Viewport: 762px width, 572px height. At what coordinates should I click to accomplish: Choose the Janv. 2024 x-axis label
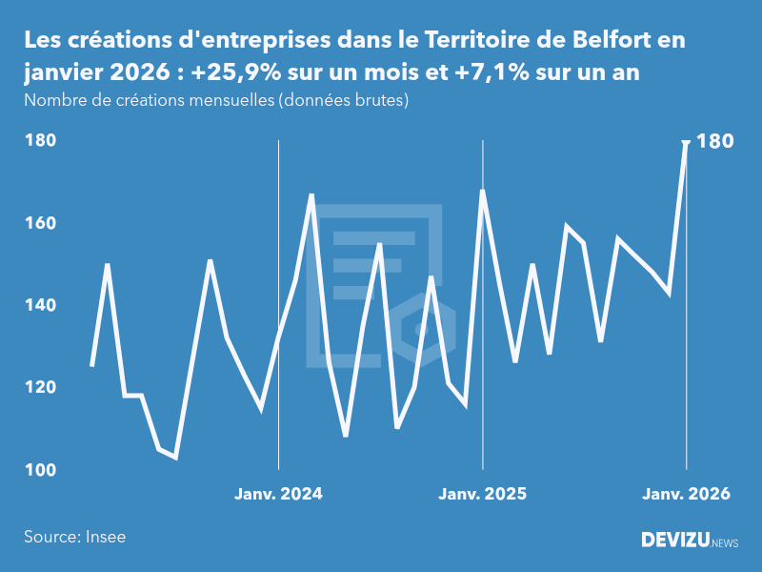[x=278, y=494]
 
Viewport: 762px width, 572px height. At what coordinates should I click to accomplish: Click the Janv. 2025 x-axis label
[x=482, y=494]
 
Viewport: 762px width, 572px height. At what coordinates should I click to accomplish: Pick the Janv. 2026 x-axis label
[x=686, y=494]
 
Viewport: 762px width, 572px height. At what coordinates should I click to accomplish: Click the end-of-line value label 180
[x=715, y=141]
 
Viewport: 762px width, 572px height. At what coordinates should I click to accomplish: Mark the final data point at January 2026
[x=686, y=142]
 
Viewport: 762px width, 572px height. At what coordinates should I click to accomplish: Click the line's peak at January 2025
[x=482, y=191]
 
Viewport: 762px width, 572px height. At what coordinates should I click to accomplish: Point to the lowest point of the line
[x=175, y=458]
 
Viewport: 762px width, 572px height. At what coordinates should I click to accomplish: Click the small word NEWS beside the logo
[x=725, y=543]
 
